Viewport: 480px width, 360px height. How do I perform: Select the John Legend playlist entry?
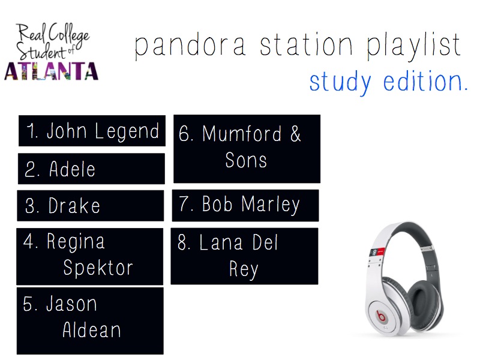click(x=92, y=131)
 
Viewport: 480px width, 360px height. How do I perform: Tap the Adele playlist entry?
click(x=91, y=169)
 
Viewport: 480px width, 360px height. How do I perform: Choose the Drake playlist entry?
click(x=91, y=206)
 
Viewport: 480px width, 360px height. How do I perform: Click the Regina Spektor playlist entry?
click(x=89, y=256)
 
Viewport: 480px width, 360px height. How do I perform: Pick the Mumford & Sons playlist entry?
click(x=247, y=148)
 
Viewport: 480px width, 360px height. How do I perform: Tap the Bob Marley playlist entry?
click(x=245, y=205)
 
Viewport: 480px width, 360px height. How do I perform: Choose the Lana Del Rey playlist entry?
click(x=244, y=256)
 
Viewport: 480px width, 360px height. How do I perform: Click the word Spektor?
click(x=98, y=268)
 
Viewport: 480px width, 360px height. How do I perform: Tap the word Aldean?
click(x=92, y=330)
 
